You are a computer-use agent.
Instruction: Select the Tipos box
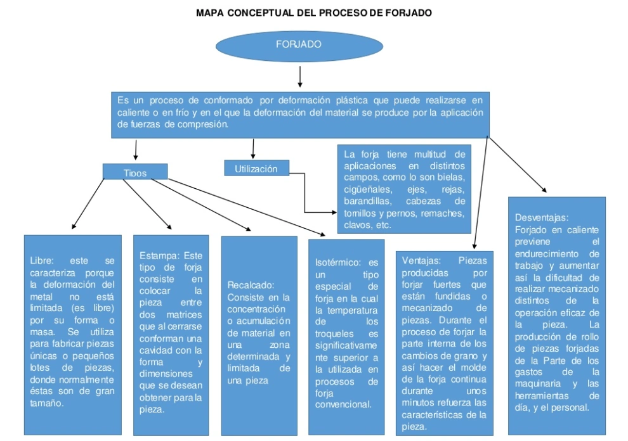pyautogui.click(x=135, y=172)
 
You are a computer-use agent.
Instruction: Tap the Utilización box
pyautogui.click(x=256, y=169)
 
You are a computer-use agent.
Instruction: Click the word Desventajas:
pyautogui.click(x=542, y=217)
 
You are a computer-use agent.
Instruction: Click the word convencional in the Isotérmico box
pyautogui.click(x=343, y=404)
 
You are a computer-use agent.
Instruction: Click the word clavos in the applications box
pyautogui.click(x=357, y=225)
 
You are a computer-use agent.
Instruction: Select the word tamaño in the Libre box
pyautogui.click(x=47, y=403)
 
